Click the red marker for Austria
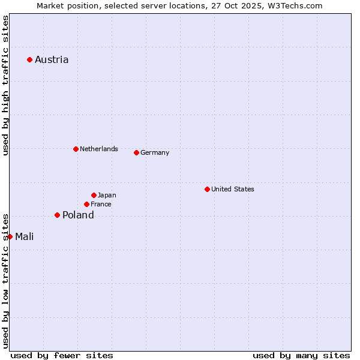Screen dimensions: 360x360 pos(29,59)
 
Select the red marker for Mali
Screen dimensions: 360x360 pos(10,236)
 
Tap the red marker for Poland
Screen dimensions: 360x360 pos(57,215)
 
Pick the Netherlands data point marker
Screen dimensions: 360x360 pos(76,149)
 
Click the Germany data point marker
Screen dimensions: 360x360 pos(136,152)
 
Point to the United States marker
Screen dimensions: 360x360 pos(207,189)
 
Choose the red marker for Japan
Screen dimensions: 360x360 pos(94,195)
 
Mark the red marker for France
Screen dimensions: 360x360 pos(86,204)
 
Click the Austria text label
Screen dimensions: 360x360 pos(52,59)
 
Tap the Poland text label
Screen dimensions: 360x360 pos(78,215)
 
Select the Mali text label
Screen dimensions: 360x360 pos(25,236)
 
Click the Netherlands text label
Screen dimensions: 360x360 pos(99,149)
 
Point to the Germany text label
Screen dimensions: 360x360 pos(155,152)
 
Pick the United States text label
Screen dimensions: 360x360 pos(233,189)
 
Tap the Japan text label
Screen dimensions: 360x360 pos(107,195)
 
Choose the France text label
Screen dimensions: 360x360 pos(101,204)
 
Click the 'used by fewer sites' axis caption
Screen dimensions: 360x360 pos(62,355)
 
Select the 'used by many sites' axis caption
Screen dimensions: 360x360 pos(301,355)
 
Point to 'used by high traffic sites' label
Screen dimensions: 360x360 pos(5,85)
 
